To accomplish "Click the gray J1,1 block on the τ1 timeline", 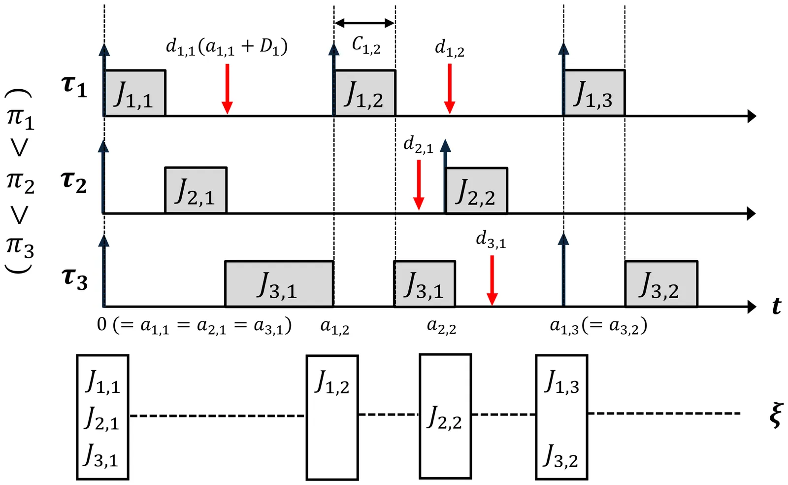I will [x=134, y=93].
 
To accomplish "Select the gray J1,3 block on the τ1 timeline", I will [x=594, y=93].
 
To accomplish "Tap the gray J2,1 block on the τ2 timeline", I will [x=196, y=190].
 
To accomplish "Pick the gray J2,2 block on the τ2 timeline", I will [x=476, y=191].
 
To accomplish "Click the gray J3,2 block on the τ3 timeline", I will [x=661, y=284].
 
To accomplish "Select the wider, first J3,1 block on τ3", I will [x=279, y=284].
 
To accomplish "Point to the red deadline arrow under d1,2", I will [x=450, y=89].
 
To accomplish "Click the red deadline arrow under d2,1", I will [x=419, y=185].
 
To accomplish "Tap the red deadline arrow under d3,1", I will [x=492, y=280].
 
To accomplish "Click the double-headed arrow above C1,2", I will [x=364, y=23].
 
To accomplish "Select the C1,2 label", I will [x=366, y=45].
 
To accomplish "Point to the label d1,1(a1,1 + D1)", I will [x=227, y=47].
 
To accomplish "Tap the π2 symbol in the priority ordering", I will [x=20, y=181].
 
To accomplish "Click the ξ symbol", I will [x=775, y=415].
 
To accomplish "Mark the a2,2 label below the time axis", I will [x=441, y=326].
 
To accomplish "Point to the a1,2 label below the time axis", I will [x=335, y=326].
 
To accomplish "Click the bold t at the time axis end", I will [x=776, y=307].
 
